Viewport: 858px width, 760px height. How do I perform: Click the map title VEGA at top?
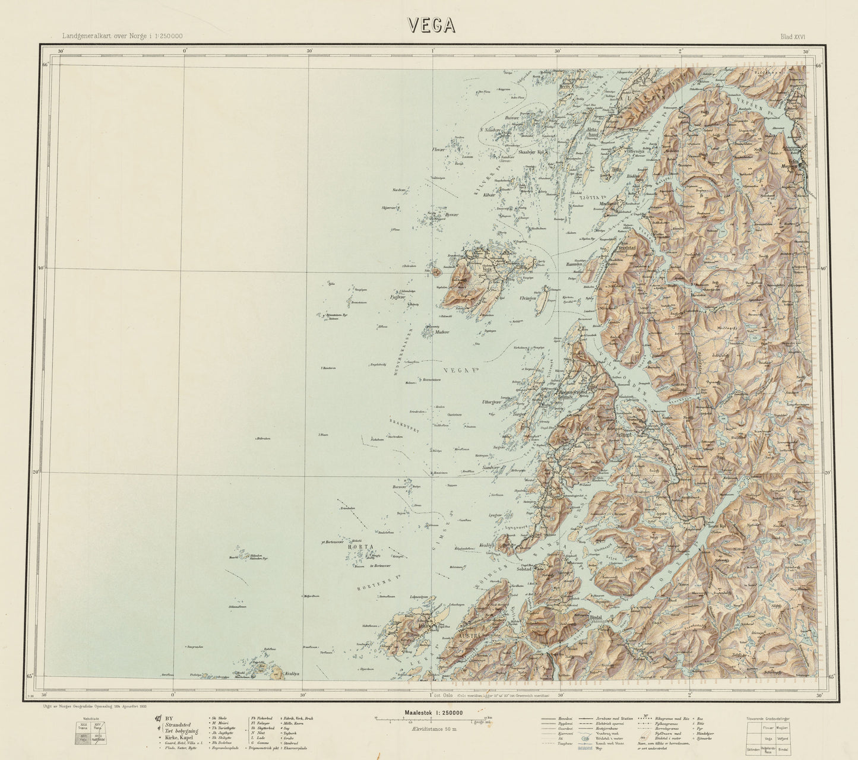point(431,24)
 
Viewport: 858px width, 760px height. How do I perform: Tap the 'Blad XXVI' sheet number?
point(792,37)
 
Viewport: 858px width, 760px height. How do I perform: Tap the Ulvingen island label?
point(528,297)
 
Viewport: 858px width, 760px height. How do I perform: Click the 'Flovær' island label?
point(438,150)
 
